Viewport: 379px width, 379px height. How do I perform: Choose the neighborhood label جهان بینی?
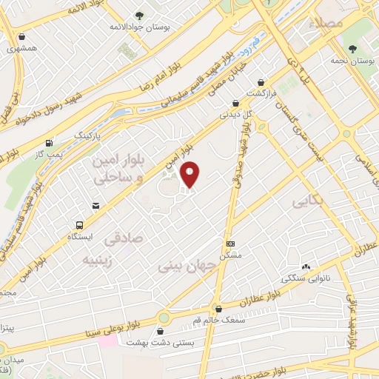[187, 266]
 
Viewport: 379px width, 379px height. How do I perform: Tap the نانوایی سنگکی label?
[306, 279]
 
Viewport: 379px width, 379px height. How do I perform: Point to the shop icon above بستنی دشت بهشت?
[161, 332]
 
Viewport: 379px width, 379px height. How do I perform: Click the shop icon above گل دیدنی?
[235, 104]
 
